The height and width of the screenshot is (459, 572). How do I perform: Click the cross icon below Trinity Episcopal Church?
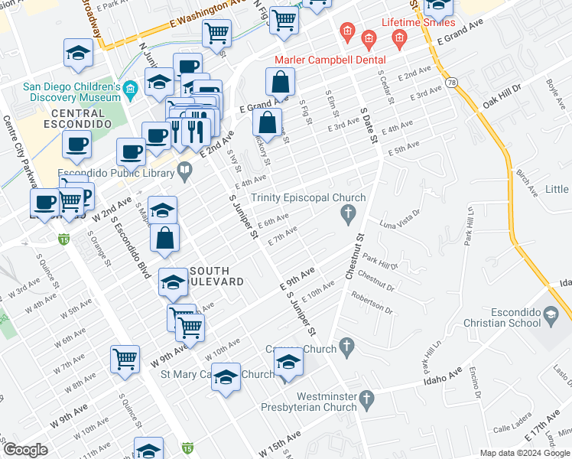[349, 214]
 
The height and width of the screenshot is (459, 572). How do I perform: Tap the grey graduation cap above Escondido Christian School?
[551, 314]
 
